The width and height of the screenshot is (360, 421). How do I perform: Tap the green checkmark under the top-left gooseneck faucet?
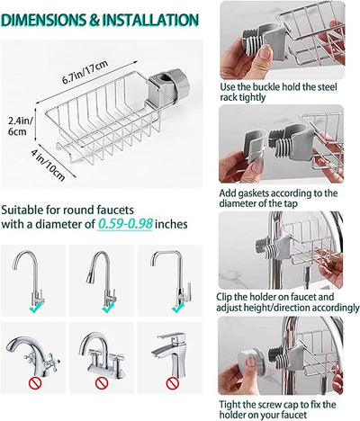34,309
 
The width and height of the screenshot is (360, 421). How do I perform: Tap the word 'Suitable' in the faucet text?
24,209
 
